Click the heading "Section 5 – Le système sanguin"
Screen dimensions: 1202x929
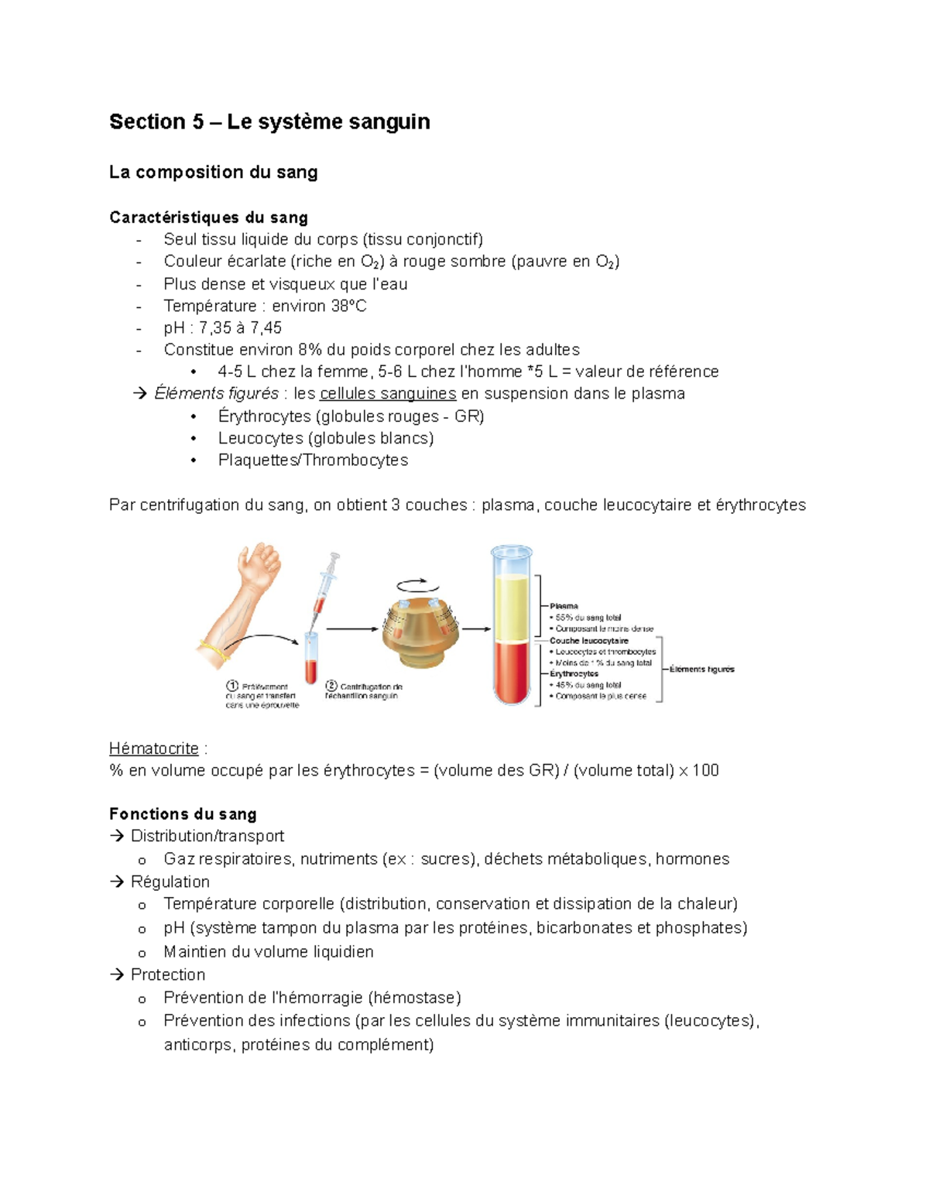(269, 122)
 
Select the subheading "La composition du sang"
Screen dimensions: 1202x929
(213, 173)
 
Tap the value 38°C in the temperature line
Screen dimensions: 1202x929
(348, 306)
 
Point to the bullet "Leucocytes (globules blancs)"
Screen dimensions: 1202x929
(325, 439)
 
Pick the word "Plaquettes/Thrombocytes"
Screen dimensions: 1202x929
(313, 461)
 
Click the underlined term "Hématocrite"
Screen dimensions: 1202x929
(154, 749)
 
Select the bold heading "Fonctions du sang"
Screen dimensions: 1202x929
(183, 814)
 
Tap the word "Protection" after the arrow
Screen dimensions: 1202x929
(168, 975)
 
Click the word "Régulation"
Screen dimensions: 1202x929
(170, 882)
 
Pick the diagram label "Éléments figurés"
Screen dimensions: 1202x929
(702, 669)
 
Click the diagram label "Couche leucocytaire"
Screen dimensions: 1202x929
(589, 641)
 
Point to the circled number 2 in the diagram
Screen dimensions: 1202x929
(331, 686)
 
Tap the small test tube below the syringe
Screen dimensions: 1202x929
(310, 659)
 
